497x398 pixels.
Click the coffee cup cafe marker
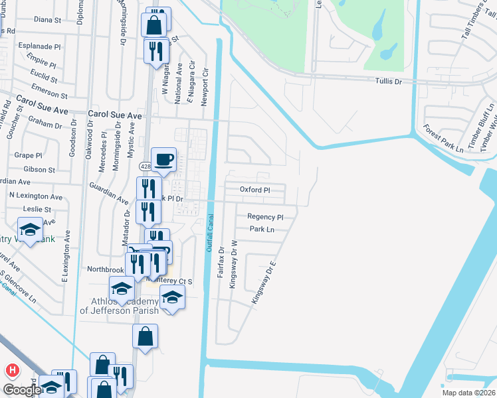tap(164, 160)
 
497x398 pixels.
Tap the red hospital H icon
tap(11, 369)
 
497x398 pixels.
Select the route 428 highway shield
tap(146, 166)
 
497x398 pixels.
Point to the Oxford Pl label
tap(255, 190)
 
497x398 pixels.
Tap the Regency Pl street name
tap(265, 217)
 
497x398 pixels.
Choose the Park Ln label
tap(262, 230)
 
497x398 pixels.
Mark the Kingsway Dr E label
tap(263, 283)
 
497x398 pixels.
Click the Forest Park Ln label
tap(444, 139)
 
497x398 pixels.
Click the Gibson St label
tap(39, 170)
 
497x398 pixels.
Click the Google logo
tap(21, 390)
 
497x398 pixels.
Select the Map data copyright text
tap(468, 393)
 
